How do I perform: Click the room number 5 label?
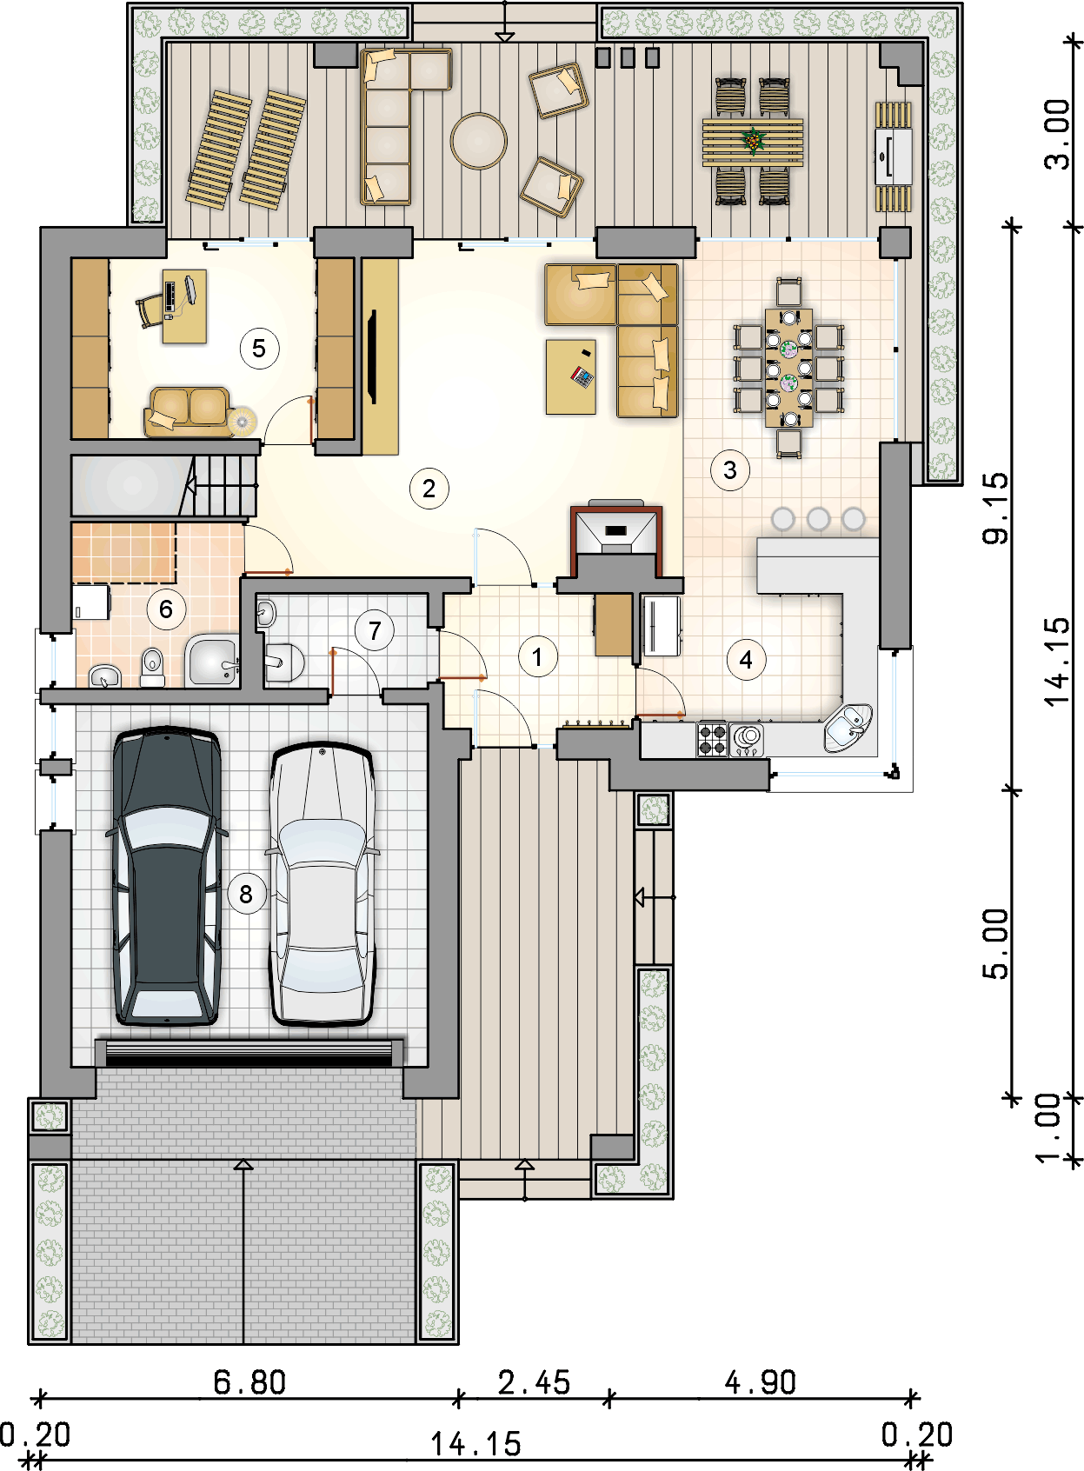(258, 349)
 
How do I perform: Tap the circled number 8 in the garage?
(246, 894)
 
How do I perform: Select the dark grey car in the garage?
(166, 876)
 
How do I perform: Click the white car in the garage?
(322, 885)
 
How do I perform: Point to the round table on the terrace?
(478, 141)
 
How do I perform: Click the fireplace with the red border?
(616, 534)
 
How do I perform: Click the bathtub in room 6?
(211, 662)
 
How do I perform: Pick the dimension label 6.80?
(249, 1382)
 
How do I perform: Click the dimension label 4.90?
(760, 1382)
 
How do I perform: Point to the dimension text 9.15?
(996, 508)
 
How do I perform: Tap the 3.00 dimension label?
(1057, 135)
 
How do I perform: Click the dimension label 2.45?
(534, 1382)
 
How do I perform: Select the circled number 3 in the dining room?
(729, 470)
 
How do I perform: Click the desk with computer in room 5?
(184, 305)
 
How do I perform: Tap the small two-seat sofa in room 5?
(190, 411)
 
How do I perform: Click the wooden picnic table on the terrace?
(753, 142)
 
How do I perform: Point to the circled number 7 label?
(375, 630)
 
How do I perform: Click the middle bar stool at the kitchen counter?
(818, 519)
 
